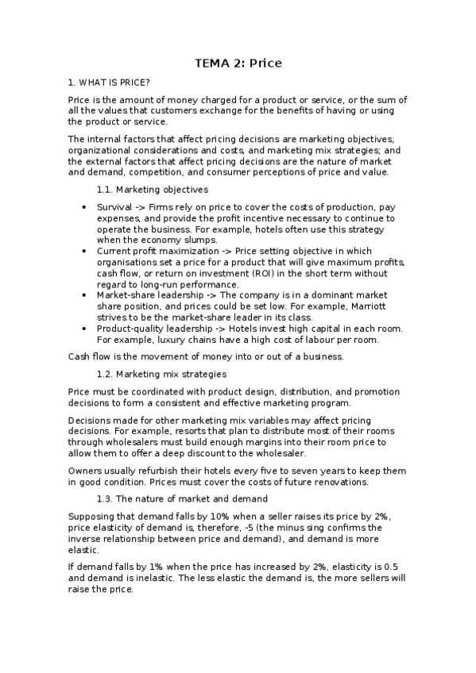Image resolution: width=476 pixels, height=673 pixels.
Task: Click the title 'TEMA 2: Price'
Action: pyautogui.click(x=238, y=63)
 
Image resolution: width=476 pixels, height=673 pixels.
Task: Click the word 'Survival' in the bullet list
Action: pyautogui.click(x=114, y=206)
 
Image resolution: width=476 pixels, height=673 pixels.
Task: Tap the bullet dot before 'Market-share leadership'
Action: pyautogui.click(x=86, y=295)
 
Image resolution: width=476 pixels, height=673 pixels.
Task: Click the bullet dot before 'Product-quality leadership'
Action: pyautogui.click(x=86, y=329)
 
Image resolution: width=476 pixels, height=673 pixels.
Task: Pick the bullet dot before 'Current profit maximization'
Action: pyautogui.click(x=86, y=251)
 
